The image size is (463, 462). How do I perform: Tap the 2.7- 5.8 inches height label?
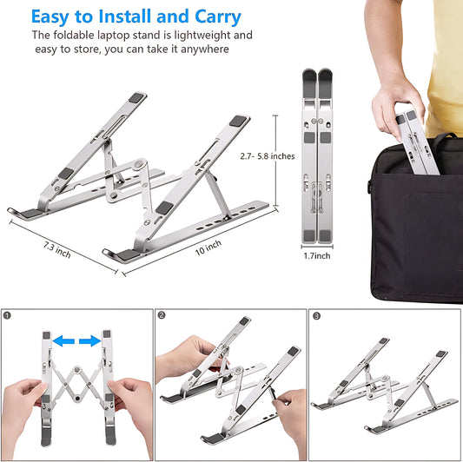coord(267,156)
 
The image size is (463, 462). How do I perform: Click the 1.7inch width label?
coord(317,257)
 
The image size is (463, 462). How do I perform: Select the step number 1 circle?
coord(8,316)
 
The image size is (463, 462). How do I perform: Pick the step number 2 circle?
coord(162,316)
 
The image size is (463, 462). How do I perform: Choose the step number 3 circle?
coord(316,316)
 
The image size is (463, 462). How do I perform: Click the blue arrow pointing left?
coord(60,342)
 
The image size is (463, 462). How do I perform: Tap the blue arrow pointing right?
coord(89,342)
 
